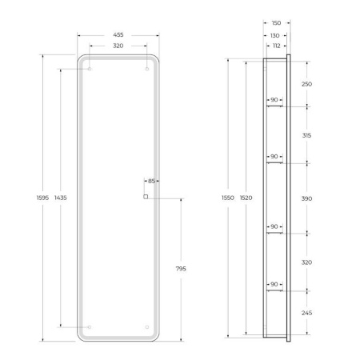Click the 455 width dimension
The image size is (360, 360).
click(x=118, y=34)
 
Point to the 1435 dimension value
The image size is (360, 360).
click(x=61, y=198)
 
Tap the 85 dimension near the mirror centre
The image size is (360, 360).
click(x=150, y=181)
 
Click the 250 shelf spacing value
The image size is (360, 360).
click(x=307, y=83)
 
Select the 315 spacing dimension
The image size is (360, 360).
click(x=307, y=135)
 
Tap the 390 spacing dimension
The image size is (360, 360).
click(x=307, y=198)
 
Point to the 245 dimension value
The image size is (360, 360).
click(x=307, y=313)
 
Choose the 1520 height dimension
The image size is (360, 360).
click(x=245, y=198)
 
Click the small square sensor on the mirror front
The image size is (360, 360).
click(x=145, y=196)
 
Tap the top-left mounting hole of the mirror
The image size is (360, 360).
click(x=90, y=70)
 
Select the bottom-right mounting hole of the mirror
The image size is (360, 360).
click(x=147, y=326)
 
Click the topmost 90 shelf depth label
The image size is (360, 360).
click(x=274, y=101)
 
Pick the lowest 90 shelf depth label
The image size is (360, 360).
click(x=274, y=284)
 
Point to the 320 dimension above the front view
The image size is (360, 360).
click(x=118, y=46)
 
